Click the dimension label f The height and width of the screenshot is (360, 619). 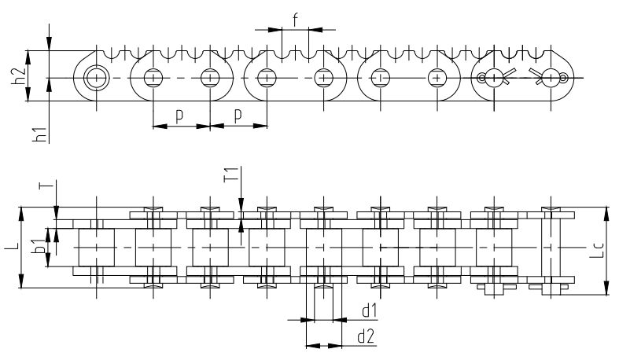click(x=295, y=20)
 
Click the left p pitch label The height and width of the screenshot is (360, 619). click(x=180, y=116)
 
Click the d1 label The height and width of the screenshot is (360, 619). click(x=367, y=310)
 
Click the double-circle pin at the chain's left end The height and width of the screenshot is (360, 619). click(x=97, y=78)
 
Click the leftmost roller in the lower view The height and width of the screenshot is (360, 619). click(x=96, y=247)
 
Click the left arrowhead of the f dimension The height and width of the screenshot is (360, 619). click(x=277, y=30)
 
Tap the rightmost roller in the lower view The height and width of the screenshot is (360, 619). click(x=494, y=247)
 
